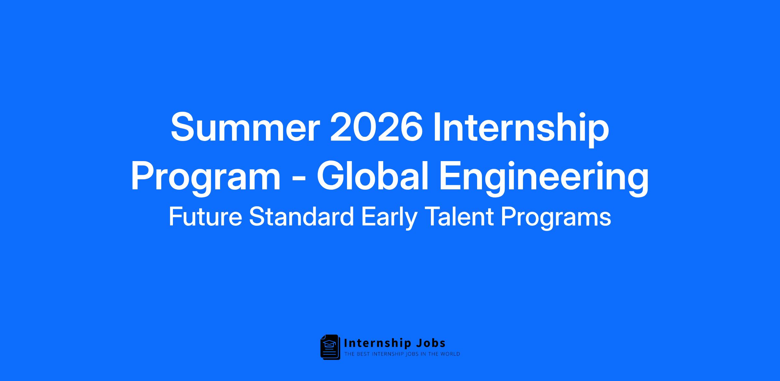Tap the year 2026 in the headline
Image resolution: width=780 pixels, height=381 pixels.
(x=376, y=127)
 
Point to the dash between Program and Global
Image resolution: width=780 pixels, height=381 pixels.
(x=298, y=181)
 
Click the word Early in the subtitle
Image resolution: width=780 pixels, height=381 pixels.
(x=389, y=218)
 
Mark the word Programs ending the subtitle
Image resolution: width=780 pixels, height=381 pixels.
(x=556, y=218)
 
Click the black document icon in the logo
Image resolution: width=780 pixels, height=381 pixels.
(x=330, y=347)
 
